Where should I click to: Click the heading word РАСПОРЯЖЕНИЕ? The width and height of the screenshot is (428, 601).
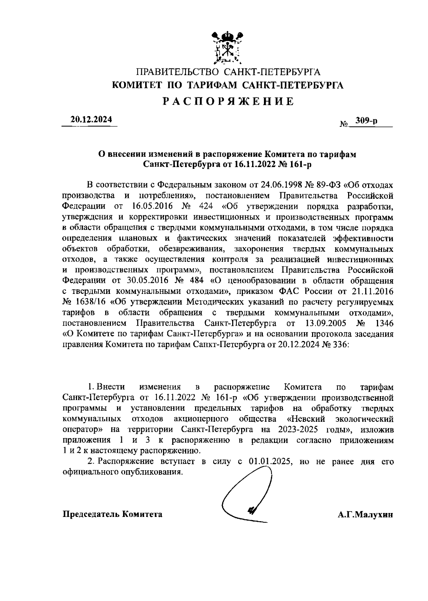[x=229, y=102]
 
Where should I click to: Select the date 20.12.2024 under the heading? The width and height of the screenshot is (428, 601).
[x=91, y=120]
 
